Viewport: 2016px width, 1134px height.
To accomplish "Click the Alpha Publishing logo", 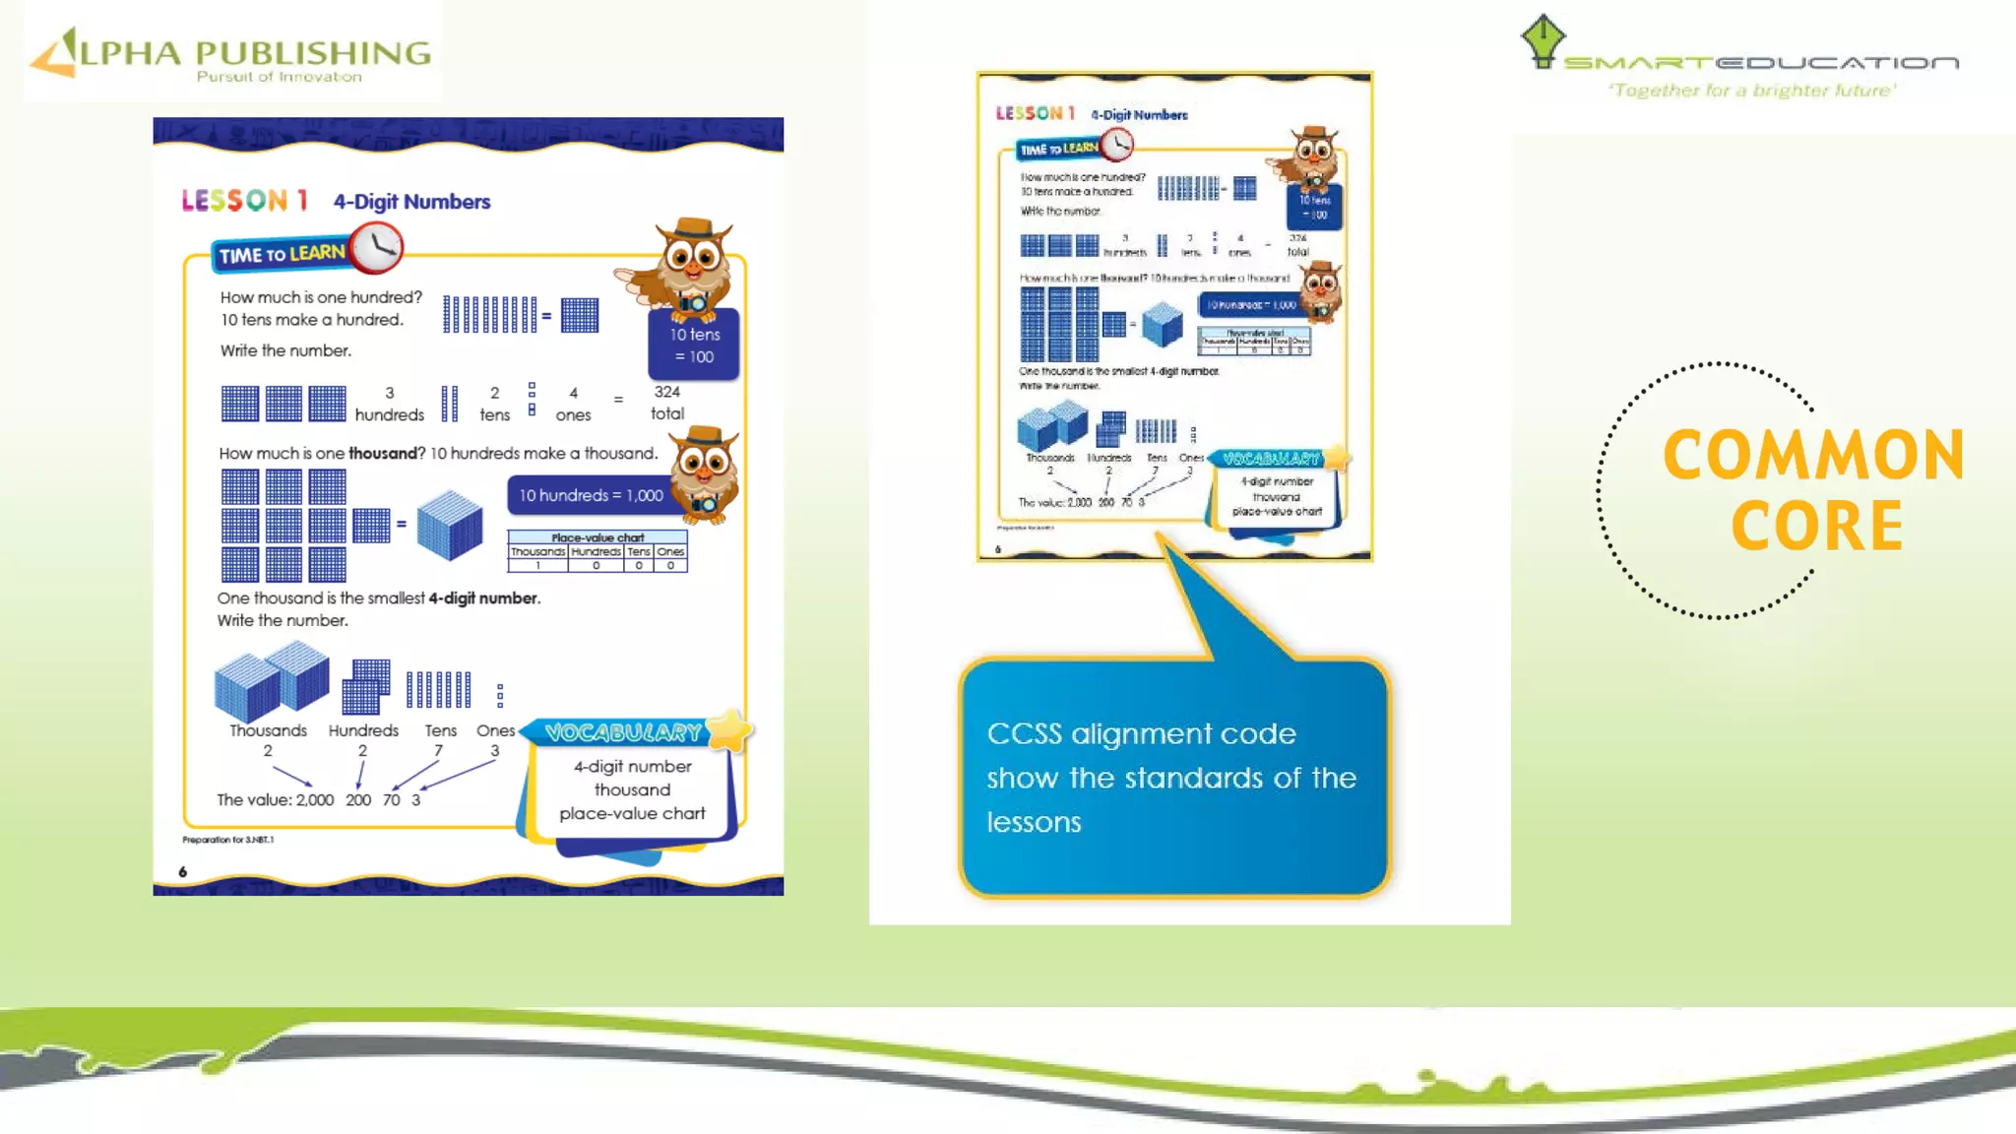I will pyautogui.click(x=231, y=54).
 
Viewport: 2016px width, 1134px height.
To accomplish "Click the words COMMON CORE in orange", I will pyautogui.click(x=1814, y=489).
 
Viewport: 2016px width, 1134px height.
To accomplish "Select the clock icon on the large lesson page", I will pyautogui.click(x=376, y=247).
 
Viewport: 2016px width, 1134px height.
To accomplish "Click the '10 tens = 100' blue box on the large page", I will pyautogui.click(x=694, y=346).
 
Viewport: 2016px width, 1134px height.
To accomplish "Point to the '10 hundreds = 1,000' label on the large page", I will pyautogui.click(x=591, y=495).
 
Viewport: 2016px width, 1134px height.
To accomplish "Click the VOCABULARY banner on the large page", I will pyautogui.click(x=623, y=732).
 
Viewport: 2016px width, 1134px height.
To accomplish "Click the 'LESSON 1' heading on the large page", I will pyautogui.click(x=245, y=201).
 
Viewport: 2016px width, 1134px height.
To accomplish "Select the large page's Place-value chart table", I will pyautogui.click(x=598, y=552).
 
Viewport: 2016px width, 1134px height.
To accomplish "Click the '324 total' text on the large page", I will pyautogui.click(x=667, y=403).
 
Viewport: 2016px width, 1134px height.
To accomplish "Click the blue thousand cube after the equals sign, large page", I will pyautogui.click(x=450, y=525).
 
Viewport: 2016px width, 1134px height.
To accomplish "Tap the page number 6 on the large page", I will pyautogui.click(x=183, y=872).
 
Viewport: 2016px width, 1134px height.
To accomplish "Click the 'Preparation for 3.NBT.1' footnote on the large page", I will pyautogui.click(x=228, y=840).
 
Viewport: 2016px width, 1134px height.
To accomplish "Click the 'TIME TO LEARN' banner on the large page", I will pyautogui.click(x=282, y=255).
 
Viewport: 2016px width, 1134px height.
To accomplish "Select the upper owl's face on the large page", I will pyautogui.click(x=693, y=258).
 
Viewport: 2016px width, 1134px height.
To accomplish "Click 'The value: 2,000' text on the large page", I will pyautogui.click(x=276, y=800).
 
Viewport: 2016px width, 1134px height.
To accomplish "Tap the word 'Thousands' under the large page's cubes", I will pyautogui.click(x=268, y=730).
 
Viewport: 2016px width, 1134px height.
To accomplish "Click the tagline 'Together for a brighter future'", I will pyautogui.click(x=1752, y=91).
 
